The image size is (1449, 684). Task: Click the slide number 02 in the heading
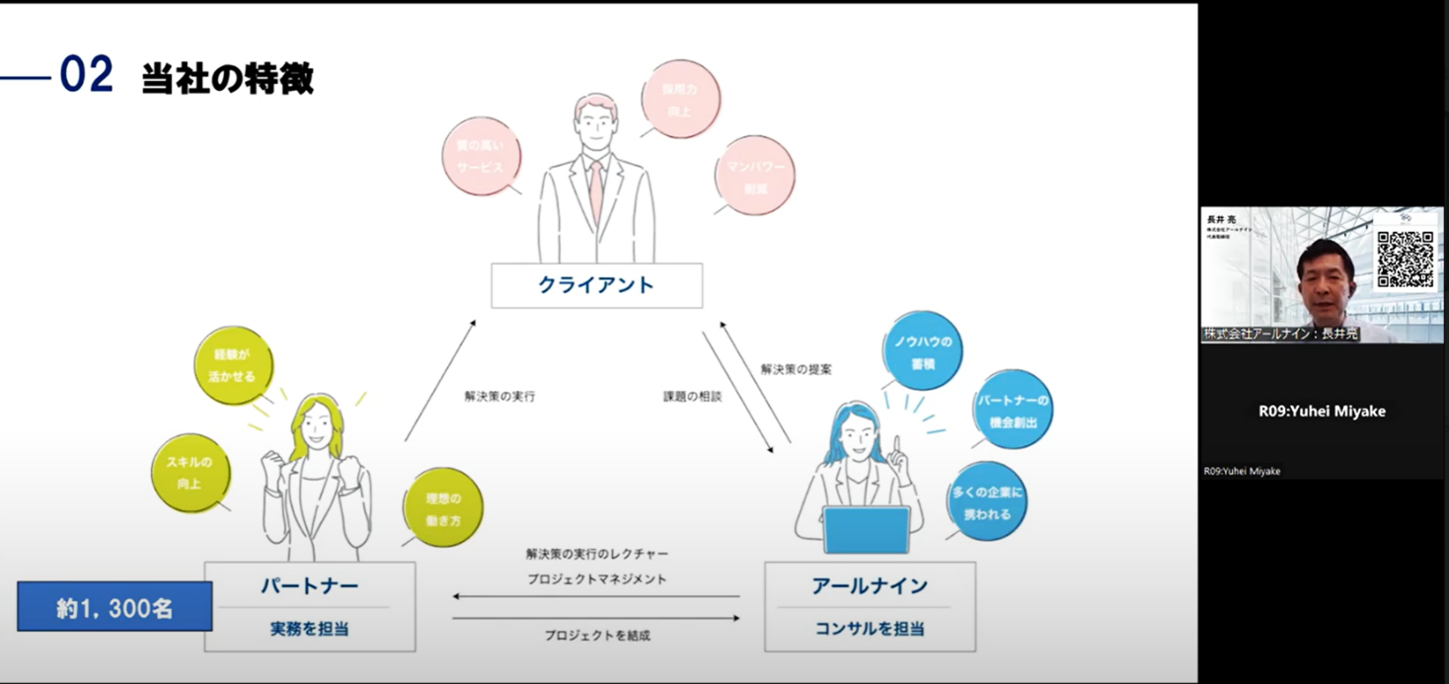point(86,76)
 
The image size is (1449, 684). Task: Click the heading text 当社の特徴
point(227,78)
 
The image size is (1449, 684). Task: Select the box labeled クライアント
point(596,285)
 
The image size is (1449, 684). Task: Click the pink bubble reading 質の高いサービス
point(481,157)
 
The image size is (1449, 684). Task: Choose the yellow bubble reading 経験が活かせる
point(233,365)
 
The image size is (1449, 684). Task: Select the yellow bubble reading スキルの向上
point(190,474)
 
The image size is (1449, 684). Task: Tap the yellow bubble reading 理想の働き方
point(443,508)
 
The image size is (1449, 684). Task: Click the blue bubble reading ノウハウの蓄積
point(922,352)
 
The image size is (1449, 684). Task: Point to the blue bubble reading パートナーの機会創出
point(1012,411)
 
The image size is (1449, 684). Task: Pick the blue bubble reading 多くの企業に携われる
point(986,502)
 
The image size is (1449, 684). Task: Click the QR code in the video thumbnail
point(1406,259)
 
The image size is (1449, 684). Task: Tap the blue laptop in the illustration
point(866,530)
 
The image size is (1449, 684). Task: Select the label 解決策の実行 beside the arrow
point(499,397)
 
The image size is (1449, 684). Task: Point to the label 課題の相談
point(692,397)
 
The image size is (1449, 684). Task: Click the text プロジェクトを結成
point(597,637)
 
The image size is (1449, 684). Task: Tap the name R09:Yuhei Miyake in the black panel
point(1322,412)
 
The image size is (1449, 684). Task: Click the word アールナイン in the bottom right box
point(870,586)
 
